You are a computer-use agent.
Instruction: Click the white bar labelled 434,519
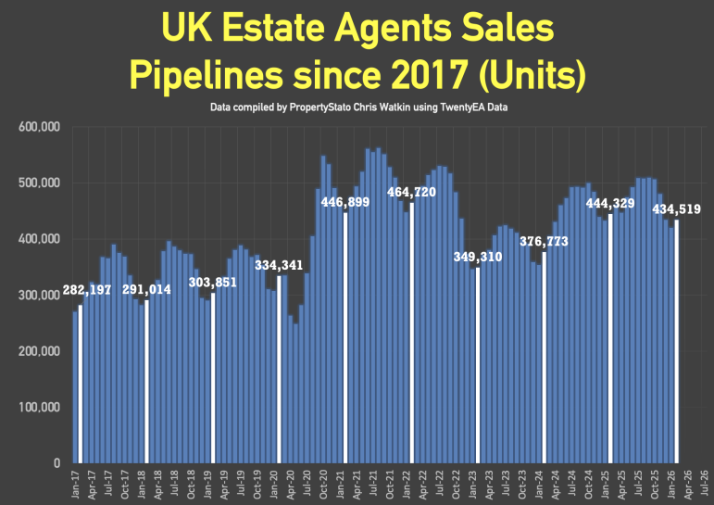[x=677, y=343]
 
